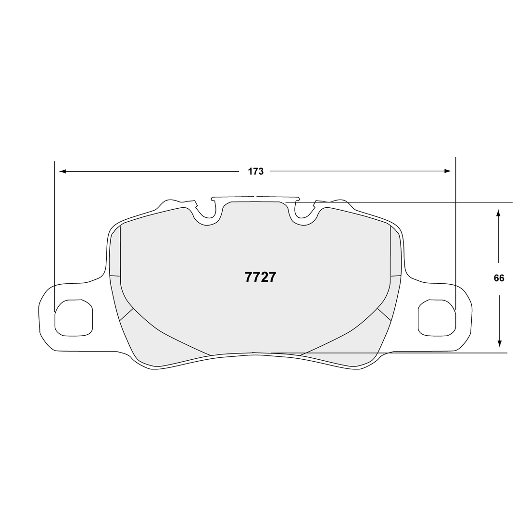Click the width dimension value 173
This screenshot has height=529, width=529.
[256, 171]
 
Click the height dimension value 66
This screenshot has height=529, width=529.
[499, 278]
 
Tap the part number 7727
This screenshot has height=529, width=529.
[260, 278]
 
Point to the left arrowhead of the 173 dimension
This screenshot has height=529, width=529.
[61, 171]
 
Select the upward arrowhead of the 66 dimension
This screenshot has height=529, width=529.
[499, 213]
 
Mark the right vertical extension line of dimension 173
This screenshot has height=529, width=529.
[455, 231]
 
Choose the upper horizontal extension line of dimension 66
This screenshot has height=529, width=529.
[433, 202]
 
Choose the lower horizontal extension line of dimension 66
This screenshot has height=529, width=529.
[433, 353]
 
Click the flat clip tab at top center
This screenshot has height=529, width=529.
[255, 197]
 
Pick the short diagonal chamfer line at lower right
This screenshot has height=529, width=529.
[384, 314]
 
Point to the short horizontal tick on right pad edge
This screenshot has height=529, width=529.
[396, 276]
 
